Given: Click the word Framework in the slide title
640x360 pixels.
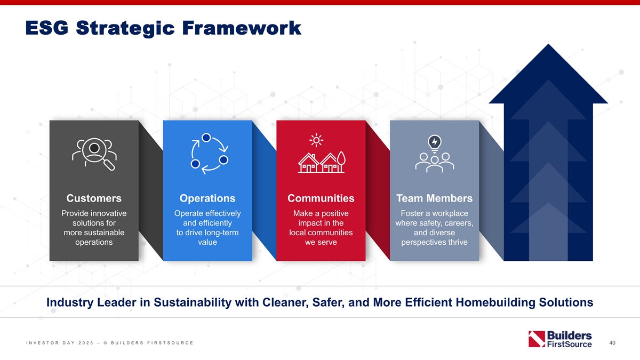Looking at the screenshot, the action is coord(242,28).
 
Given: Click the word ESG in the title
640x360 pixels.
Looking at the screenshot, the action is coord(47,28).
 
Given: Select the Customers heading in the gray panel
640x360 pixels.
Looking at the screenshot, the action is coord(94,198).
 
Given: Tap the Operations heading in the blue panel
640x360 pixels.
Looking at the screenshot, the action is coord(207,198).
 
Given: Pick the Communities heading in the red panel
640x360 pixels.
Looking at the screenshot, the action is coord(321,198).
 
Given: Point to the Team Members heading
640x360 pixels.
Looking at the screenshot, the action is coord(434,198).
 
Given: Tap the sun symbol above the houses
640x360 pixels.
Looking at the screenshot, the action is coord(316,140).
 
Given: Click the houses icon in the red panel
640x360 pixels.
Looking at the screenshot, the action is coord(322,162).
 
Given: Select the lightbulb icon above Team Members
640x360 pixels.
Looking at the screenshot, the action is coord(435,143).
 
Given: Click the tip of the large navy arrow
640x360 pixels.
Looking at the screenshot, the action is coord(548,44).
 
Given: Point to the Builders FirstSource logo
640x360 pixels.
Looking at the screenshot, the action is coord(560,339).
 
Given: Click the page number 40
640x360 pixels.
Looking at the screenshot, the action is coord(612,342).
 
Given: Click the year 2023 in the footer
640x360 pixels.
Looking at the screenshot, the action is coord(86,343).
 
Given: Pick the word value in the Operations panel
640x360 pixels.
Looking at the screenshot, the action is coord(207,242).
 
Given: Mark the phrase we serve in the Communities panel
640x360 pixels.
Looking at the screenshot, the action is coord(321,242).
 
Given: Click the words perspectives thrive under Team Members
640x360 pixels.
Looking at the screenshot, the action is coord(434,242).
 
